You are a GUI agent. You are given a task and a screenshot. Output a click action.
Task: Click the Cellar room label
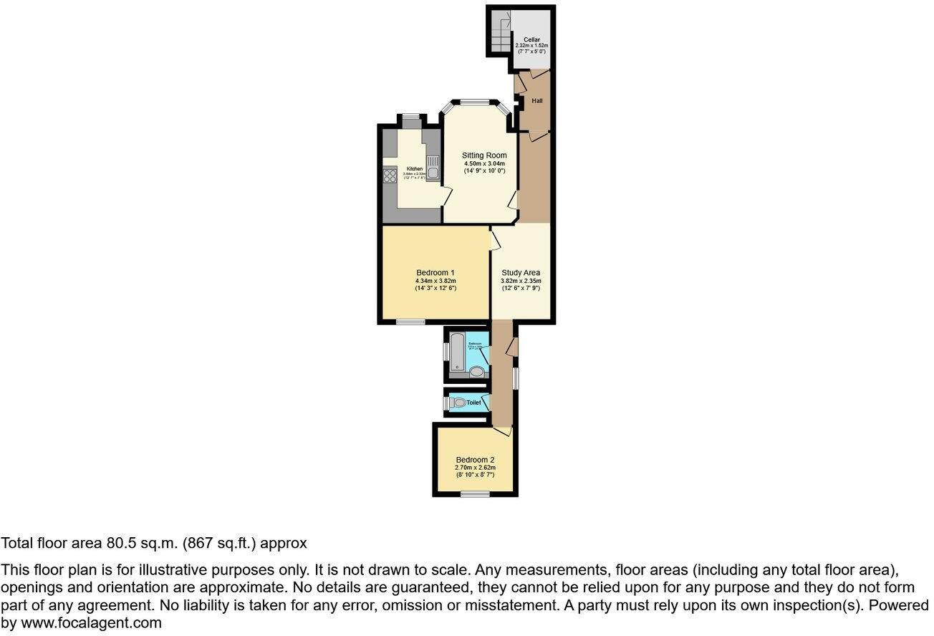531,39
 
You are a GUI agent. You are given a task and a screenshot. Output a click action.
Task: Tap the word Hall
536,101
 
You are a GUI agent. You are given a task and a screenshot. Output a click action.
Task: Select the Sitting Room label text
484,155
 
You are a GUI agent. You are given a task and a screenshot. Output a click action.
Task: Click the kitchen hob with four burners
390,175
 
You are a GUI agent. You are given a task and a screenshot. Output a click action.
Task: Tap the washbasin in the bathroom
477,372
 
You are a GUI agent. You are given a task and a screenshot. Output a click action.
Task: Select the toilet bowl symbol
458,403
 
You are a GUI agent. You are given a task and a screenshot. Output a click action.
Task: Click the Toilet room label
473,403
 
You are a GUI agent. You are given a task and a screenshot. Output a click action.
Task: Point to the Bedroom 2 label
476,460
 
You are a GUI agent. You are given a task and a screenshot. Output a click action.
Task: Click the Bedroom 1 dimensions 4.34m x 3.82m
435,281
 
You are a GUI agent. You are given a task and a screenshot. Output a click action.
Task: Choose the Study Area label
521,273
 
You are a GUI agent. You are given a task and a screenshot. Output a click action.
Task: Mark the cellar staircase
501,33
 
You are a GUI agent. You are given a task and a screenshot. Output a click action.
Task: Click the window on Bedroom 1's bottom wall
410,322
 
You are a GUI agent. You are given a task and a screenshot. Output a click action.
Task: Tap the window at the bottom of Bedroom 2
475,493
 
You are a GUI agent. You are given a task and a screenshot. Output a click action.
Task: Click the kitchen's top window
410,116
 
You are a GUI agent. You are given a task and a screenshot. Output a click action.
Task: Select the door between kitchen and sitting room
446,195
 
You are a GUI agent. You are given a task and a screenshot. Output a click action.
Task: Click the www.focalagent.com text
91,623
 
